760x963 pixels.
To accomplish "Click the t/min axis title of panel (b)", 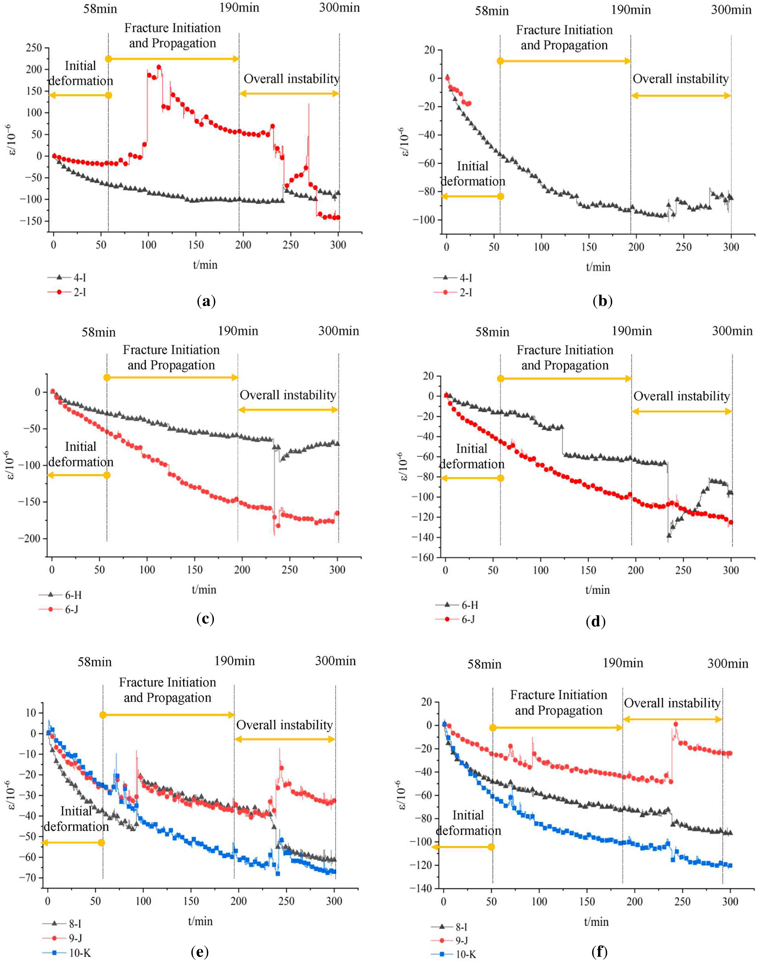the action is pyautogui.click(x=598, y=267).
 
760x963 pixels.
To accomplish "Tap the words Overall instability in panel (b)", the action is pyautogui.click(x=681, y=79).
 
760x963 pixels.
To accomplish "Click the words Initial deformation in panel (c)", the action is pyautogui.click(x=81, y=454).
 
